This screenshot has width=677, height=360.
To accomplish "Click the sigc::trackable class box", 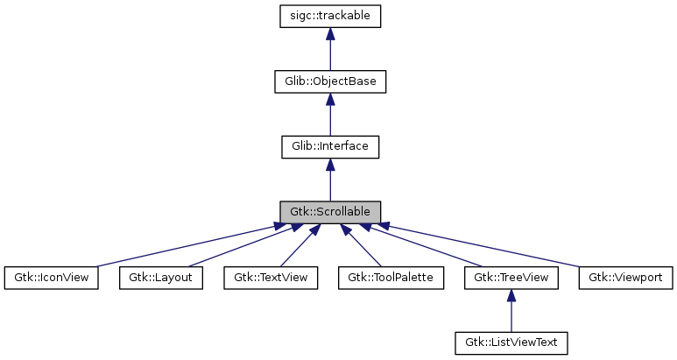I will (329, 16).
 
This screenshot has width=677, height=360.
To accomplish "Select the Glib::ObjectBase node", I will (329, 81).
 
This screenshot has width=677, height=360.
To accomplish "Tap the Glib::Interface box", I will (329, 146).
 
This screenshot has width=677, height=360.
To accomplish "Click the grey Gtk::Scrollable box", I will (329, 212).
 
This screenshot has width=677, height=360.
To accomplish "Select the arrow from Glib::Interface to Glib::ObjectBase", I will (329, 116).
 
